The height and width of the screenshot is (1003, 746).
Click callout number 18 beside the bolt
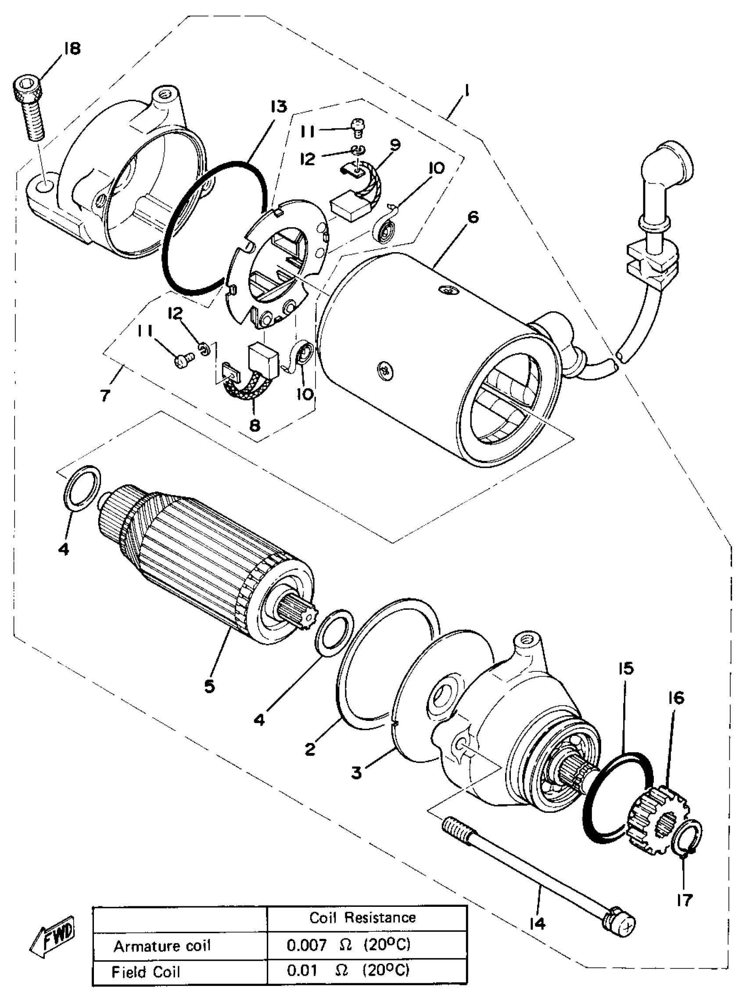coord(72,48)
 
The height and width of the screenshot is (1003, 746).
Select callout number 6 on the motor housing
coord(473,217)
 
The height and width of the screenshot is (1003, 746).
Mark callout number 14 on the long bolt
coord(537,923)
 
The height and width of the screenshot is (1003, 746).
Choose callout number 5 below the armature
coord(209,686)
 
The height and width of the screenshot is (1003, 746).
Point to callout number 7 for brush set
coord(105,395)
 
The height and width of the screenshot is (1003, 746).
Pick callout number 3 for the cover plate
coord(357,772)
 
